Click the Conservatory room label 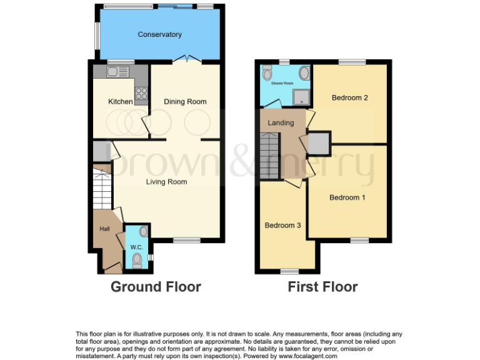coord(159,34)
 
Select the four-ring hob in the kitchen coord(141,93)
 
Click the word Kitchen coord(121,101)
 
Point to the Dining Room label coord(185,101)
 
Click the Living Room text coord(167,182)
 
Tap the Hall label coord(105,229)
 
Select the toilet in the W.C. coord(137,259)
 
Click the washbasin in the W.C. coord(144,231)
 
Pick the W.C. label coord(136,247)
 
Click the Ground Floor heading coord(156,287)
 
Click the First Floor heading coord(322,287)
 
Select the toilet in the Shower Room coord(267,74)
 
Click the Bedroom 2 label coord(349,97)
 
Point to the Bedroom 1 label coord(347,197)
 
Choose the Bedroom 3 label coord(282,225)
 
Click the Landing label coord(281,122)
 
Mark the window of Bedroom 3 coord(289,271)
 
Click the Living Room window coord(186,240)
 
